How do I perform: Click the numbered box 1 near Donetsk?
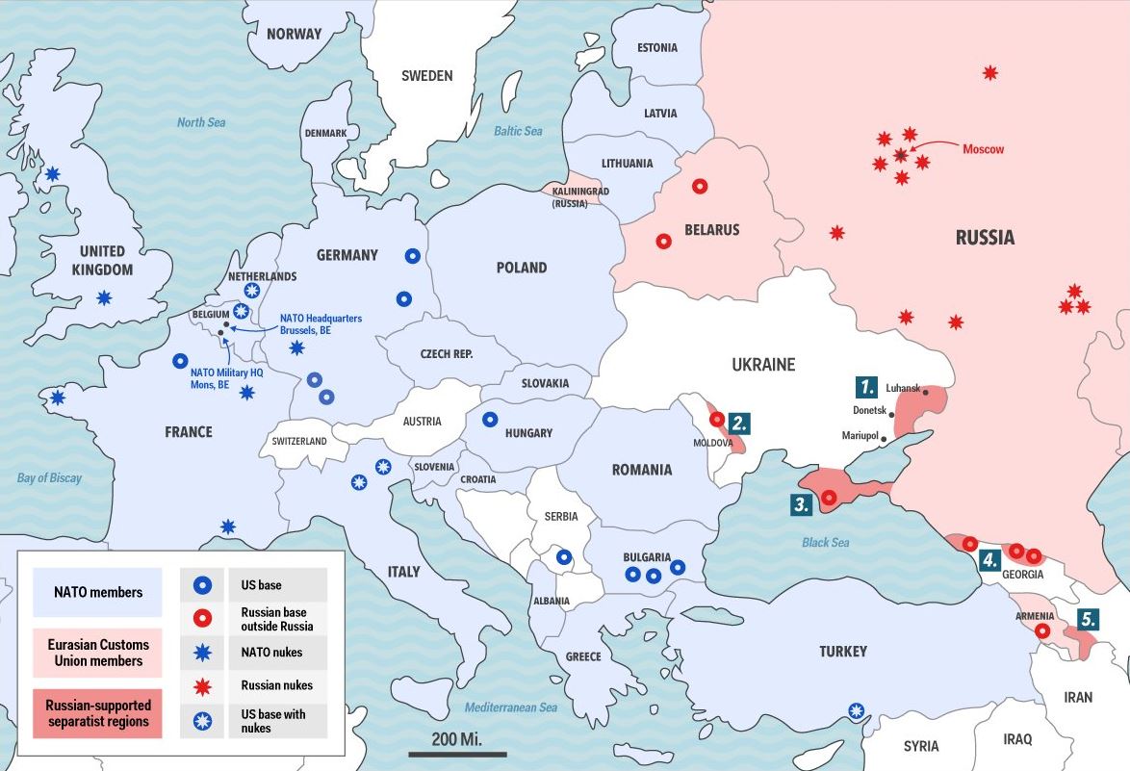click(867, 387)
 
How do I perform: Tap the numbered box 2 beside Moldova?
click(738, 423)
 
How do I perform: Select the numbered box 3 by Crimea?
click(802, 503)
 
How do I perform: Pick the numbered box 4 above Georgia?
click(989, 561)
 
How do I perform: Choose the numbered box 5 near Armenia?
click(1088, 620)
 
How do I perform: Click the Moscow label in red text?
click(983, 149)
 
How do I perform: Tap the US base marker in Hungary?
click(490, 419)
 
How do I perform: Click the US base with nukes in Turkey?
click(856, 711)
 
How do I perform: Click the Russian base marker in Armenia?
click(1042, 631)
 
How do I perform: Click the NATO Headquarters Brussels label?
click(321, 323)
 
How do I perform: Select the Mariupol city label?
click(860, 436)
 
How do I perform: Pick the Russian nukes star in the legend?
click(204, 685)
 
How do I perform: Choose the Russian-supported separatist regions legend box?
click(97, 713)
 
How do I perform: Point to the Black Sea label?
click(825, 542)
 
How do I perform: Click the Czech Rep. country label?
click(447, 354)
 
